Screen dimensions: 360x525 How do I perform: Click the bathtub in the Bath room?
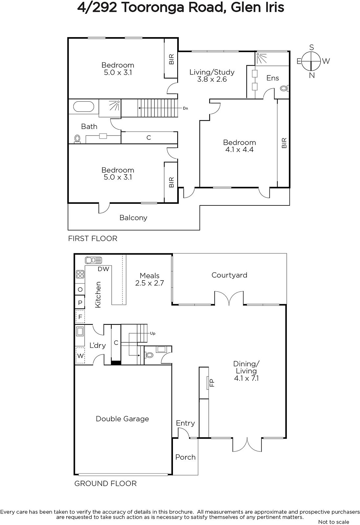click(83, 107)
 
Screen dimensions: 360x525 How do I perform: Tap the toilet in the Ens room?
click(285, 89)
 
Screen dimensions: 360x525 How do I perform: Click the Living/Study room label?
click(212, 72)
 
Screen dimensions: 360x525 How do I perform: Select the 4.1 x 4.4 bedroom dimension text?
click(239, 150)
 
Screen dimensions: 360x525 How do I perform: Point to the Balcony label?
click(133, 218)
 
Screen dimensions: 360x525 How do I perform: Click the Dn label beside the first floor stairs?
click(185, 108)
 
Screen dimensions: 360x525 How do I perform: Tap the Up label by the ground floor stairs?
click(153, 333)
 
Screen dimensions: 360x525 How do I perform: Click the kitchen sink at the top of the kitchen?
click(94, 260)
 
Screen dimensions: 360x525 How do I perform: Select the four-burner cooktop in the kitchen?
click(80, 274)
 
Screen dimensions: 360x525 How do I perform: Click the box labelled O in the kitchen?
click(80, 289)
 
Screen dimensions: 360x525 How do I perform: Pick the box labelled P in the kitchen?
click(80, 303)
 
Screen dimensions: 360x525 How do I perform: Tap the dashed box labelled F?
click(80, 317)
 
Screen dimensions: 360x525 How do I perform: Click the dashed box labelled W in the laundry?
click(80, 356)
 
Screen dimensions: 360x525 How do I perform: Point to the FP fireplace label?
click(212, 383)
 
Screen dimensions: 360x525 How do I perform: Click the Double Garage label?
click(122, 419)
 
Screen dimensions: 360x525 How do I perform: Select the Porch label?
click(185, 457)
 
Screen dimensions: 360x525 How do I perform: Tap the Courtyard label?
click(229, 275)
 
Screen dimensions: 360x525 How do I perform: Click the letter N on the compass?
click(312, 75)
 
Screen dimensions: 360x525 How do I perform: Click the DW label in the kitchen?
click(103, 269)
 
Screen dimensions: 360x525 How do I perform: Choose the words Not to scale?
click(334, 522)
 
